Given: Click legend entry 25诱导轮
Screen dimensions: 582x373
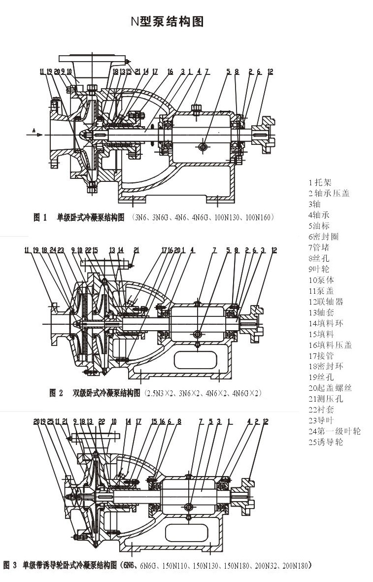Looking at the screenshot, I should click(325, 442).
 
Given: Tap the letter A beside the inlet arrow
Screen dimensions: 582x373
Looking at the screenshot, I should click(34, 130).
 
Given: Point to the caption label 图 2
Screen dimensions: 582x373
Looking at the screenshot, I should click(56, 393).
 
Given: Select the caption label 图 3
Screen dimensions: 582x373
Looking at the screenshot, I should click(11, 565).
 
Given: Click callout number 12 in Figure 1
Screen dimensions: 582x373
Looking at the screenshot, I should click(270, 72).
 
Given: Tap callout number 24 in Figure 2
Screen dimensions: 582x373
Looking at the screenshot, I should click(53, 250).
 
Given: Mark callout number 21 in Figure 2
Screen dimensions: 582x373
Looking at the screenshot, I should click(136, 250).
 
